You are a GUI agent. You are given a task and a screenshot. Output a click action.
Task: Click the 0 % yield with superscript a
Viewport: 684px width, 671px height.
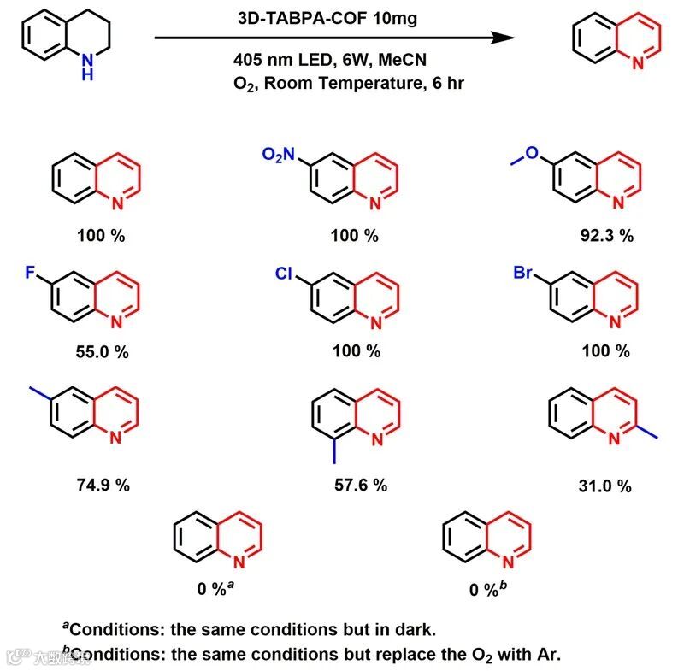220,589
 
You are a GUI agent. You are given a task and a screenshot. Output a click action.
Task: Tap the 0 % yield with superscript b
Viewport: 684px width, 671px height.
487,589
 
